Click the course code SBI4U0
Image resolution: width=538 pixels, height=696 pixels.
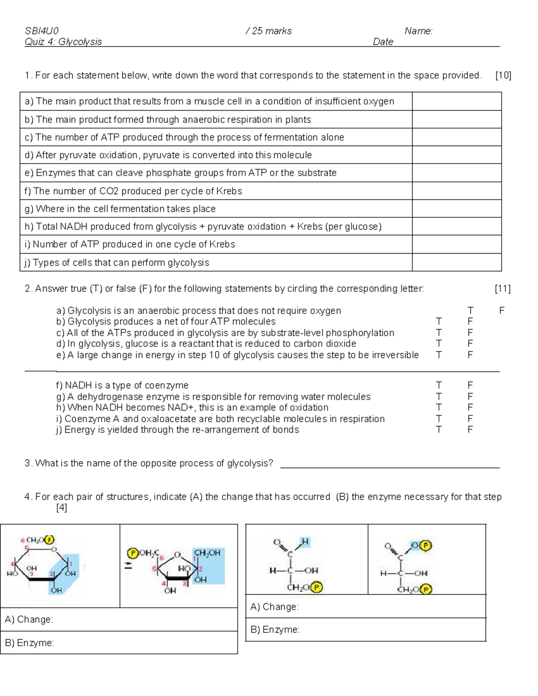coord(41,31)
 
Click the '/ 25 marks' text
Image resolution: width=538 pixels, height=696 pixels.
coord(269,31)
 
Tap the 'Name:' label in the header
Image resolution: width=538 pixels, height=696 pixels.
coord(418,31)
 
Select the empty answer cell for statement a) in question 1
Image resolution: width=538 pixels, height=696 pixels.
coord(456,101)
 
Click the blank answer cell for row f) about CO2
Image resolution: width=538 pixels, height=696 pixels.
coord(456,191)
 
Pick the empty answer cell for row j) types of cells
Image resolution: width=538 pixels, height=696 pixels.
coord(456,263)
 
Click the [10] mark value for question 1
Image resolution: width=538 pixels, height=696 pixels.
coord(503,75)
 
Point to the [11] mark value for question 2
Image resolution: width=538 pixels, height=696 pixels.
coord(503,289)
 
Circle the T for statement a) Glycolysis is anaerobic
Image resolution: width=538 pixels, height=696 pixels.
coord(470,311)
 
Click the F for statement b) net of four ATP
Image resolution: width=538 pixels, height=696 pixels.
coord(470,322)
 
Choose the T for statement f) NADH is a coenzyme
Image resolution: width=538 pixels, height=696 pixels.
coord(438,385)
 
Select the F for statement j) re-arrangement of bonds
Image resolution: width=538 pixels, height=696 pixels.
coord(470,430)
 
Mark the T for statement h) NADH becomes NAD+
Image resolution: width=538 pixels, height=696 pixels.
coord(438,408)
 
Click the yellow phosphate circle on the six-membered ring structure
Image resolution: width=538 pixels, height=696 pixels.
coord(50,540)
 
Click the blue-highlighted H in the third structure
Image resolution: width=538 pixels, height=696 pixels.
coord(305,542)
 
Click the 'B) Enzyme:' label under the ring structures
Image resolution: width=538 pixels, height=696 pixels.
coord(30,643)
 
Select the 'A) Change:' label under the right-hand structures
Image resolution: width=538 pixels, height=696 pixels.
coord(274,607)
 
